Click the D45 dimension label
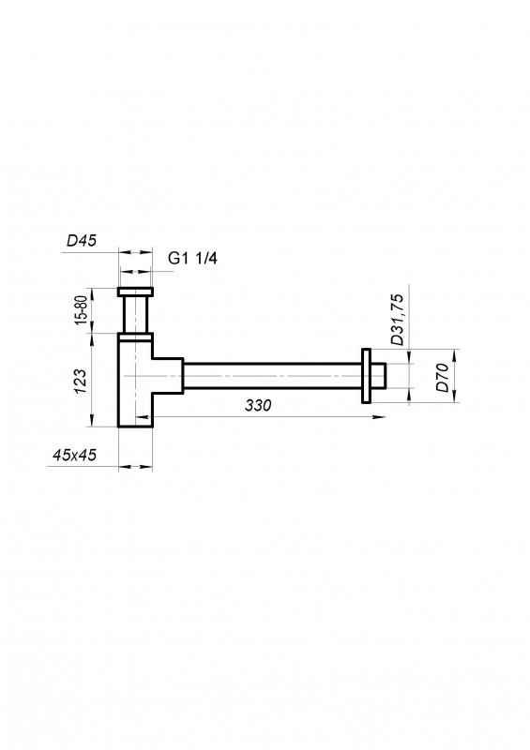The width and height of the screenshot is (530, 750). click(83, 241)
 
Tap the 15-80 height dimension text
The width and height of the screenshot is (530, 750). click(82, 309)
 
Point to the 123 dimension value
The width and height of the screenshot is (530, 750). click(81, 380)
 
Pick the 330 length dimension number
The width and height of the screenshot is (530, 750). click(258, 406)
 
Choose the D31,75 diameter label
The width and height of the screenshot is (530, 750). click(398, 320)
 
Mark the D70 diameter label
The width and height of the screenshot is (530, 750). click(442, 382)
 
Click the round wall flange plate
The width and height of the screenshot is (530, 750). click(365, 377)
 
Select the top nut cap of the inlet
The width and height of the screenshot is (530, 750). click(136, 290)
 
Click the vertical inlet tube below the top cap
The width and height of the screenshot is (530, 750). click(136, 313)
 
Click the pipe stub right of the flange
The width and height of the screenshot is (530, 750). click(379, 377)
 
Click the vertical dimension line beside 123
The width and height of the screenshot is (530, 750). click(93, 380)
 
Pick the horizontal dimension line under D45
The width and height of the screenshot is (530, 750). click(136, 251)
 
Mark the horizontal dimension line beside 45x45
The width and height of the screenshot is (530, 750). click(136, 465)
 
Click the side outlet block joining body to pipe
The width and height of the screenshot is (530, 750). click(167, 375)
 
